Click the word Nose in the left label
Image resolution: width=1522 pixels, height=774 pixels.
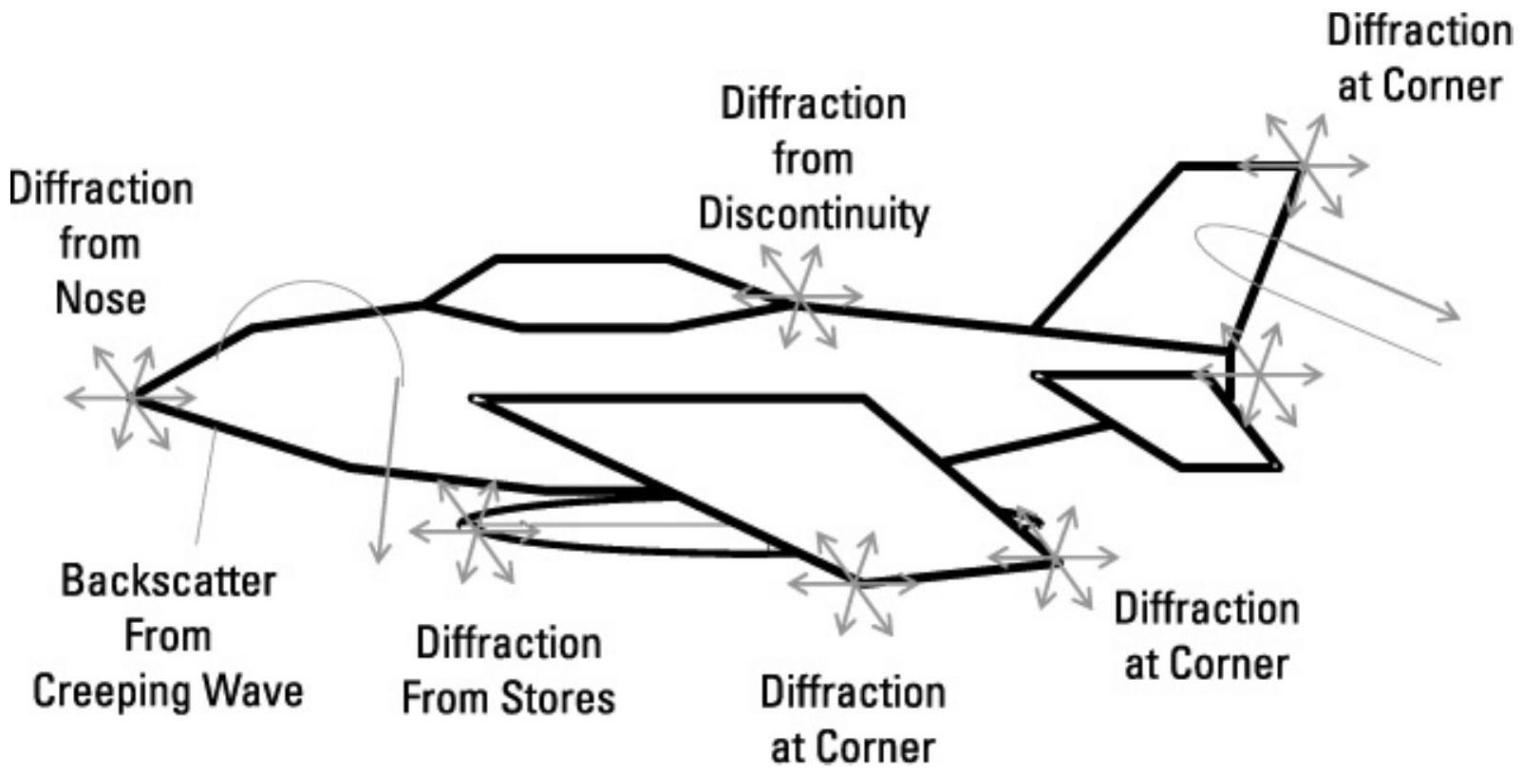[101, 299]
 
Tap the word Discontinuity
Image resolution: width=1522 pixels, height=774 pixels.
[814, 214]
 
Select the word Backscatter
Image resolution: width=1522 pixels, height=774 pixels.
[168, 580]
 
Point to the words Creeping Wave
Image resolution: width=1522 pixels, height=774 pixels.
[168, 690]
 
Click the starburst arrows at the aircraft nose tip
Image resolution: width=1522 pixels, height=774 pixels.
[133, 397]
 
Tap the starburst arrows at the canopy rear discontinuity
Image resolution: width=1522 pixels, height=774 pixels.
[799, 298]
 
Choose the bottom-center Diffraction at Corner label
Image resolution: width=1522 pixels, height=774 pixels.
[852, 719]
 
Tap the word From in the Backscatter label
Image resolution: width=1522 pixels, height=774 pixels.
[167, 635]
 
